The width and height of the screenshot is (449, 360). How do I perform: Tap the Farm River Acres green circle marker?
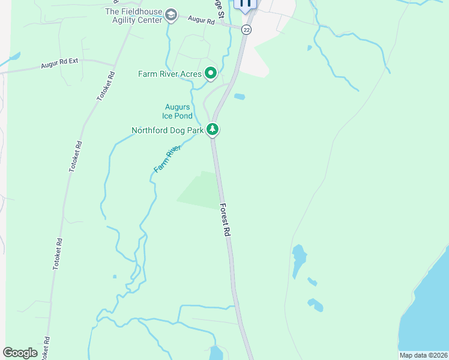211,74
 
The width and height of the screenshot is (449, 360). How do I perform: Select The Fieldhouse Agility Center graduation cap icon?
171,15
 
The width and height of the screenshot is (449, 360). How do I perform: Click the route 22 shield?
247,29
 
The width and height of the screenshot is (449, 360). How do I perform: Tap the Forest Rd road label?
225,220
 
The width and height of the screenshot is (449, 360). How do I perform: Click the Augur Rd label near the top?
201,20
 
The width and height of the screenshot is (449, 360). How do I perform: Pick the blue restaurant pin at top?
245,4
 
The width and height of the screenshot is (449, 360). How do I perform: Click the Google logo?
20,353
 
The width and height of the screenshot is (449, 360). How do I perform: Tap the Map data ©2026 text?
423,355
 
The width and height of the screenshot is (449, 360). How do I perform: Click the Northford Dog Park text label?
168,130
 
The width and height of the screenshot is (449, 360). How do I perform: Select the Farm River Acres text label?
169,74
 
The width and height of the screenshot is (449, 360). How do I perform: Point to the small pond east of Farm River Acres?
240,96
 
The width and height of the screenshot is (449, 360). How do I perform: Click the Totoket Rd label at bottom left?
46,347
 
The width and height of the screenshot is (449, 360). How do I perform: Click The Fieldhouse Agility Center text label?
134,16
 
